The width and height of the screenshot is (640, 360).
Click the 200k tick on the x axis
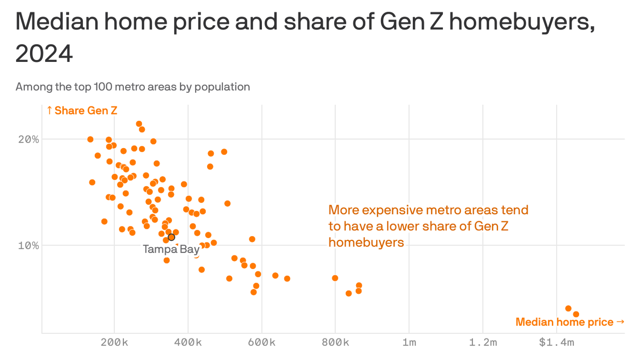[114, 343]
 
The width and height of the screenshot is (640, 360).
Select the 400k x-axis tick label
[188, 343]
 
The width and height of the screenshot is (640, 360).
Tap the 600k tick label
[261, 343]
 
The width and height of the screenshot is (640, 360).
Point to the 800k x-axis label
[335, 343]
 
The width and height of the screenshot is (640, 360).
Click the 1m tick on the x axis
[409, 343]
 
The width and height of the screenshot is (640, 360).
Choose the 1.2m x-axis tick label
[483, 343]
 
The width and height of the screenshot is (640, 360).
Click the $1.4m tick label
[556, 343]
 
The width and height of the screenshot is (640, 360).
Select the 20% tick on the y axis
[28, 139]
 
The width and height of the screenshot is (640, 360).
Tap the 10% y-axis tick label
[28, 245]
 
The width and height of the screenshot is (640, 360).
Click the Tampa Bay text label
[171, 249]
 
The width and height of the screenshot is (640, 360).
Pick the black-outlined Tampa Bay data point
[171, 237]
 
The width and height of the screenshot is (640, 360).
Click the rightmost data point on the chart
[576, 314]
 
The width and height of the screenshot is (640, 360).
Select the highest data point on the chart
[139, 124]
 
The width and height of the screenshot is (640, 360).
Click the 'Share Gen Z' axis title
[82, 111]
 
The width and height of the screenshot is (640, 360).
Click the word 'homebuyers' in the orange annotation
[366, 242]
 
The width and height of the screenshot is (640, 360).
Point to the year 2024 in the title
[44, 54]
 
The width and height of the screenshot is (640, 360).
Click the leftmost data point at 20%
[90, 139]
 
